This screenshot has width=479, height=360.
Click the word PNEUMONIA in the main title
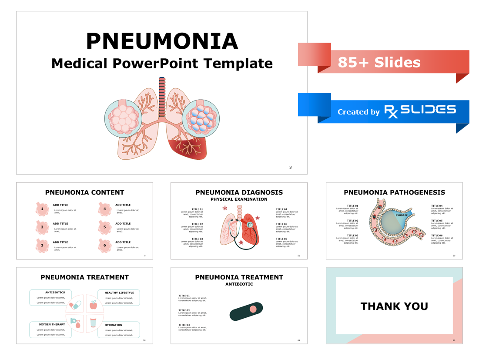coord(162,41)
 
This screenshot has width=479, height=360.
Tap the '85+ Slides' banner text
coord(379,62)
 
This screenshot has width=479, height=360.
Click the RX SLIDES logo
coord(420,111)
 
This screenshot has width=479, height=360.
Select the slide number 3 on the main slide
coord(291,167)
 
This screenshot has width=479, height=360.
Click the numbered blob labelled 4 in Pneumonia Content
coord(104,209)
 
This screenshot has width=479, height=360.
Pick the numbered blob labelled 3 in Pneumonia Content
coord(42,245)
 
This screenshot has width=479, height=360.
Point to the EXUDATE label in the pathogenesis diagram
coord(402,215)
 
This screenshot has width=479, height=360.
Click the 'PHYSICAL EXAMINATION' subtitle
coord(239,199)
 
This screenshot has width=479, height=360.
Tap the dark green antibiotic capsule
coord(246,312)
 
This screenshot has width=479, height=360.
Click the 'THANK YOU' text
coord(394,306)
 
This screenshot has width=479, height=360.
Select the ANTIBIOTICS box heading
coord(55,293)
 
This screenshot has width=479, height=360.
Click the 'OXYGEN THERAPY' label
coord(52,324)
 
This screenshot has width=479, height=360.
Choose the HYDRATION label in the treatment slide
coord(114,325)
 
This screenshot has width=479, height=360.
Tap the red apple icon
coord(93,305)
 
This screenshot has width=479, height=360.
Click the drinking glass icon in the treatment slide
coord(93,323)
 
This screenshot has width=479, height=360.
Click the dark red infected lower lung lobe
coord(188,148)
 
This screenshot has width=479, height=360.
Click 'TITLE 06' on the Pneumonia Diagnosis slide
coord(281,239)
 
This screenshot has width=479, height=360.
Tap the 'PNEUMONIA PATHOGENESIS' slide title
coord(394,192)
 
